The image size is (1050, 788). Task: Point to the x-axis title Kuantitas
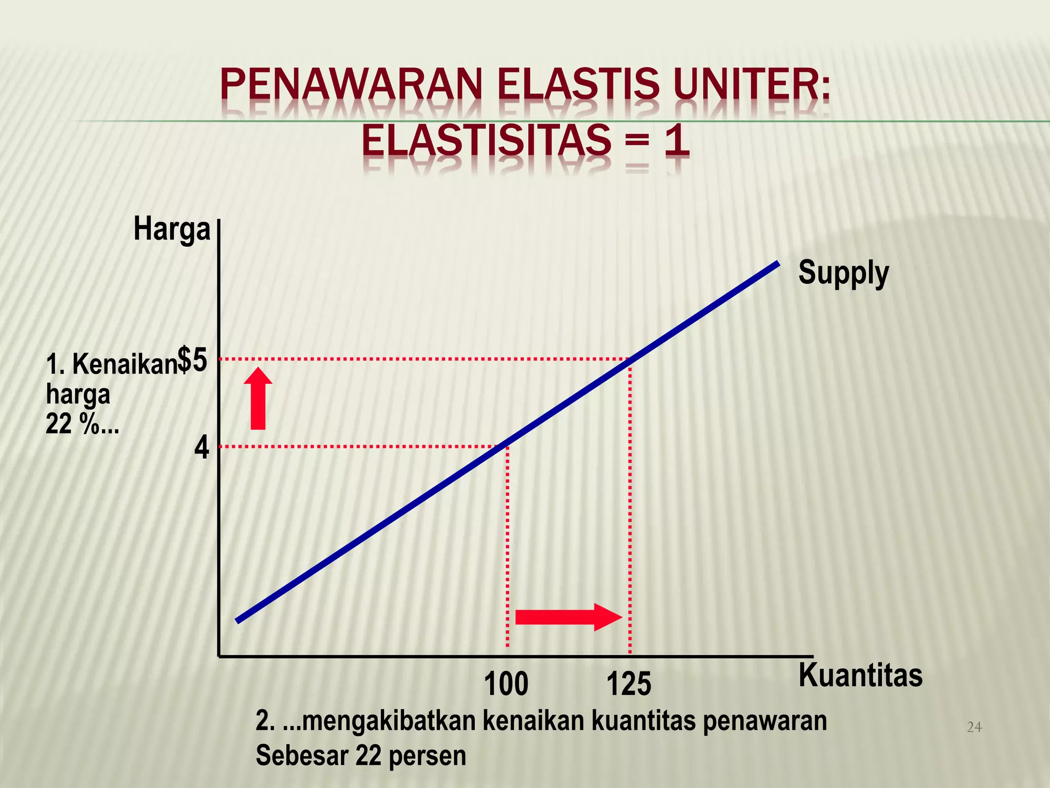coord(860,675)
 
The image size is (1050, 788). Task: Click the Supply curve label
coord(843,273)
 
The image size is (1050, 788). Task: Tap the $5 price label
coord(193,360)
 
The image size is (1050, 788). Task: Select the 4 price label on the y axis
coord(202,448)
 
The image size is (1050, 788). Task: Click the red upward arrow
coord(258,399)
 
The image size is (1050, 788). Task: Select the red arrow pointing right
coord(568,617)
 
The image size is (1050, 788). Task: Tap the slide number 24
coord(974,727)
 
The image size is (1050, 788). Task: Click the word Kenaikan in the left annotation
coord(125,365)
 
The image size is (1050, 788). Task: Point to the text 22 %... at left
coord(82,424)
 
